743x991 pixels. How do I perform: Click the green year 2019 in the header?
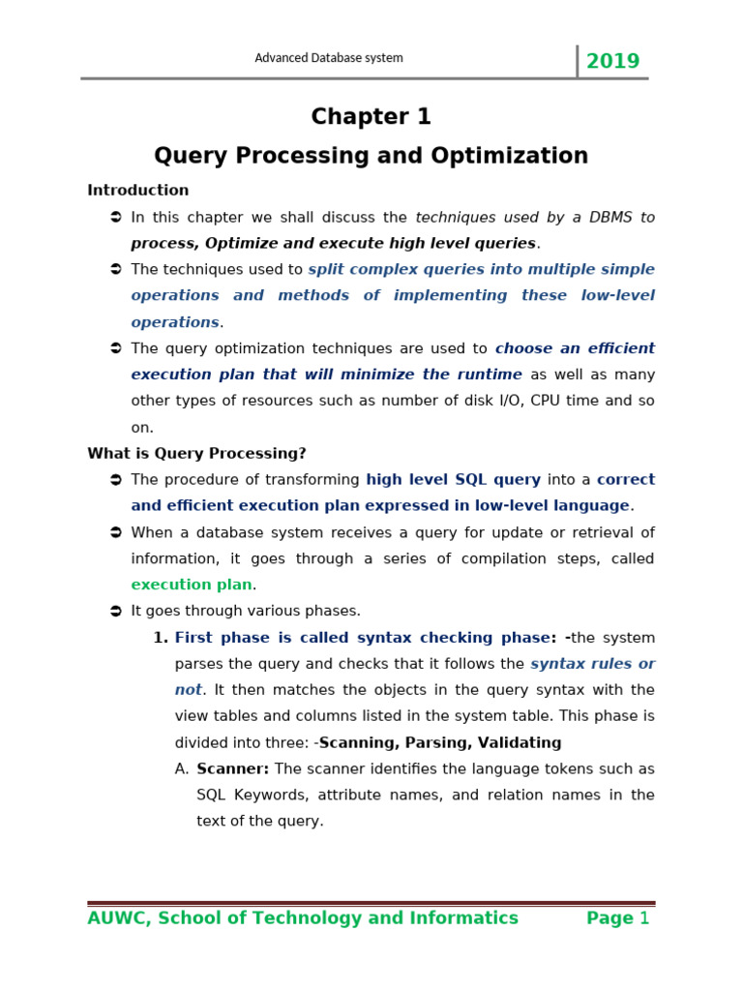pyautogui.click(x=612, y=62)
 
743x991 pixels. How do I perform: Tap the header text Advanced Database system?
pyautogui.click(x=329, y=58)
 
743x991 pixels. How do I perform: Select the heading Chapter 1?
pyautogui.click(x=371, y=117)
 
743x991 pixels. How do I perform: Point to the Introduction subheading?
pyautogui.click(x=138, y=191)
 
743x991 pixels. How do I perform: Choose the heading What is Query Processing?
pyautogui.click(x=196, y=454)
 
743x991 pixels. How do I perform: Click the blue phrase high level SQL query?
pyautogui.click(x=453, y=480)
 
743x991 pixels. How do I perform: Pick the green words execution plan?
pyautogui.click(x=192, y=585)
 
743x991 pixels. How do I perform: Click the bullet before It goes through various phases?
pyautogui.click(x=115, y=612)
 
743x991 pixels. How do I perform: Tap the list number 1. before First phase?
pyautogui.click(x=161, y=638)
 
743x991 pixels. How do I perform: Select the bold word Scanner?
pyautogui.click(x=232, y=769)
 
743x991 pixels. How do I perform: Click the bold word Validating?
pyautogui.click(x=516, y=743)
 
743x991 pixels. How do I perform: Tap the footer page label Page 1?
pyautogui.click(x=618, y=918)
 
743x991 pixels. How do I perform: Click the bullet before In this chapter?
pyautogui.click(x=115, y=218)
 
